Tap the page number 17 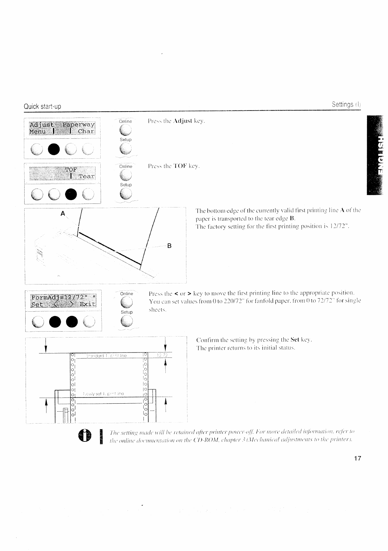point(357,458)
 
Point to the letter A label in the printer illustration point(62,214)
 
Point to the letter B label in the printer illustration point(169,246)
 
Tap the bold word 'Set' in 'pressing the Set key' point(295,340)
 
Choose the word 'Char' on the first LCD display point(86,131)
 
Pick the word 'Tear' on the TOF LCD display point(86,176)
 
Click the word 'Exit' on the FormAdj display point(87,304)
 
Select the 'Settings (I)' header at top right point(346,105)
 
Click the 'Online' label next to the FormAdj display point(126,294)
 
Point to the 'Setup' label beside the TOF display point(126,185)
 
